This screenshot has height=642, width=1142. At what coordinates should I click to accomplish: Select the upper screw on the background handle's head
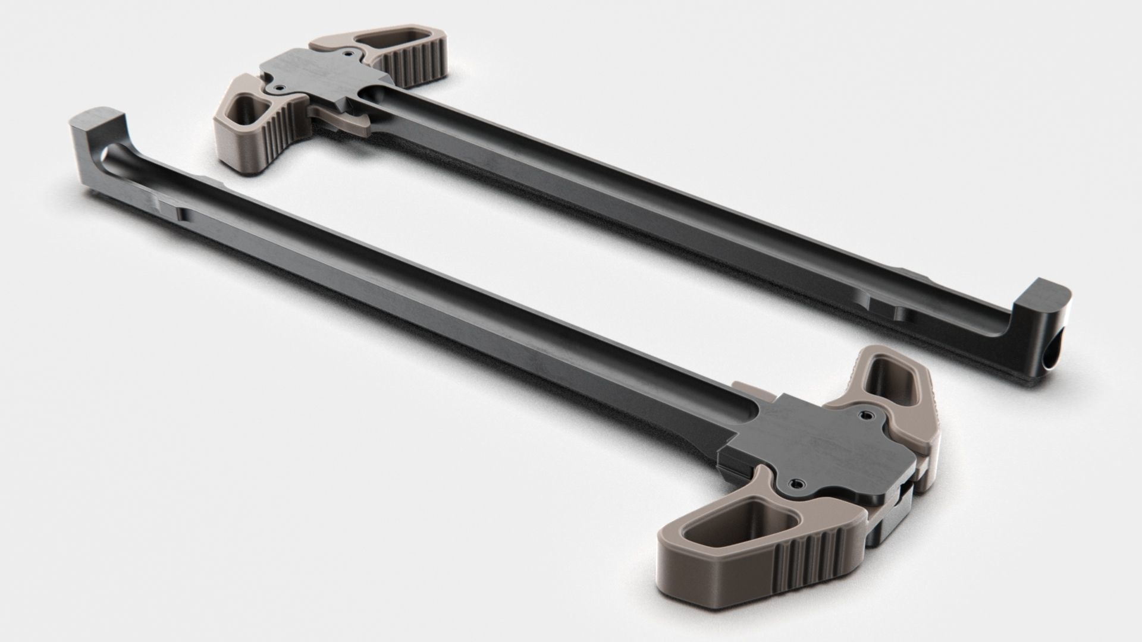[346, 53]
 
